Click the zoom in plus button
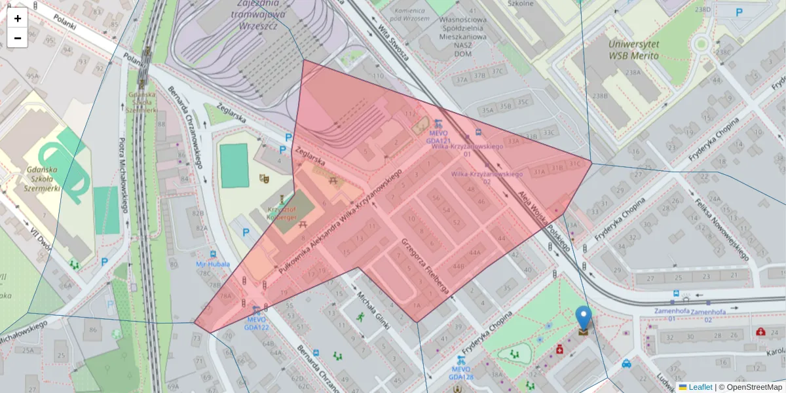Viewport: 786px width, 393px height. [x=18, y=18]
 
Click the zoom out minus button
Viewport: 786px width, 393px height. [x=18, y=38]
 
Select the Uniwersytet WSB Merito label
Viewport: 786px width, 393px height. [x=633, y=50]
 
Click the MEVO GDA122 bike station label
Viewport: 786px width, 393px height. [x=256, y=323]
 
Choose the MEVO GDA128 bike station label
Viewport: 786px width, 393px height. [x=461, y=373]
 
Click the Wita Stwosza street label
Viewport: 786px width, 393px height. [x=394, y=41]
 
